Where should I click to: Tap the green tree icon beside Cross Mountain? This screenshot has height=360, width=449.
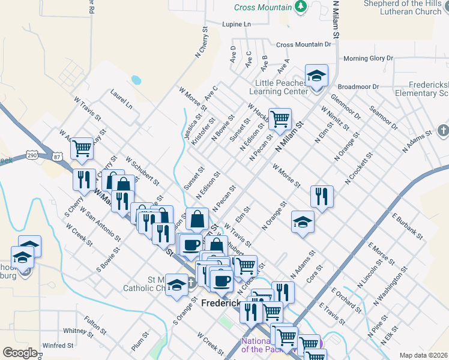(301, 7)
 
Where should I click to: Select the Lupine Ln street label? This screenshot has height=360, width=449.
(236, 25)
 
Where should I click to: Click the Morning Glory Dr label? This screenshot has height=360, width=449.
(368, 58)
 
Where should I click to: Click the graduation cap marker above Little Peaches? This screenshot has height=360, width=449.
(316, 76)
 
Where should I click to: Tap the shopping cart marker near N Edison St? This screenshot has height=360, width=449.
(279, 119)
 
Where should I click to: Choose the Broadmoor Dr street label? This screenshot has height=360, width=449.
(358, 86)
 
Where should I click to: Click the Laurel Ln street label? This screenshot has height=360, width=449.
(121, 99)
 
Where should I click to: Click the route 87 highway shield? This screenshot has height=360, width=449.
(57, 156)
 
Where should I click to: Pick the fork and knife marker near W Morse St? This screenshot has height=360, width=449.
(322, 196)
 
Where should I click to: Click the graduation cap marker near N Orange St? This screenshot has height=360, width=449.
(303, 222)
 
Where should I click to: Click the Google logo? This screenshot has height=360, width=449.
(20, 353)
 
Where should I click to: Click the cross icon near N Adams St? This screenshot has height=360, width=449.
(443, 130)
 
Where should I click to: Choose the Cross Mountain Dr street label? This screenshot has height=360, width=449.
(304, 44)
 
